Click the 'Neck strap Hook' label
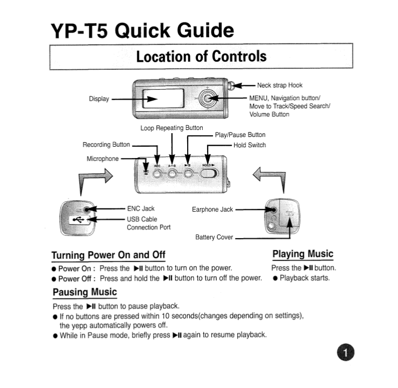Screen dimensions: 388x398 click(x=280, y=85)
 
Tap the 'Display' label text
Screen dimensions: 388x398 click(x=99, y=99)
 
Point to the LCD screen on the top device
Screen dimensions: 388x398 click(x=160, y=100)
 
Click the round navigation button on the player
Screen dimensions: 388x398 click(x=207, y=98)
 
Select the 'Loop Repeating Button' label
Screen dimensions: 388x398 click(x=171, y=128)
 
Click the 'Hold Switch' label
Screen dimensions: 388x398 click(x=249, y=145)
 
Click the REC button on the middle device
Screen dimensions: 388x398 click(x=157, y=174)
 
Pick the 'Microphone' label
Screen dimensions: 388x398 click(x=102, y=159)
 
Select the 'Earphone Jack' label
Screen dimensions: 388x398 click(x=213, y=209)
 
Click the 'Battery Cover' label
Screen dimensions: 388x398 click(x=214, y=237)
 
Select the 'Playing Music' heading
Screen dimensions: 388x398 click(x=302, y=254)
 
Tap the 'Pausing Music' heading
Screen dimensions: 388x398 click(x=84, y=293)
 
